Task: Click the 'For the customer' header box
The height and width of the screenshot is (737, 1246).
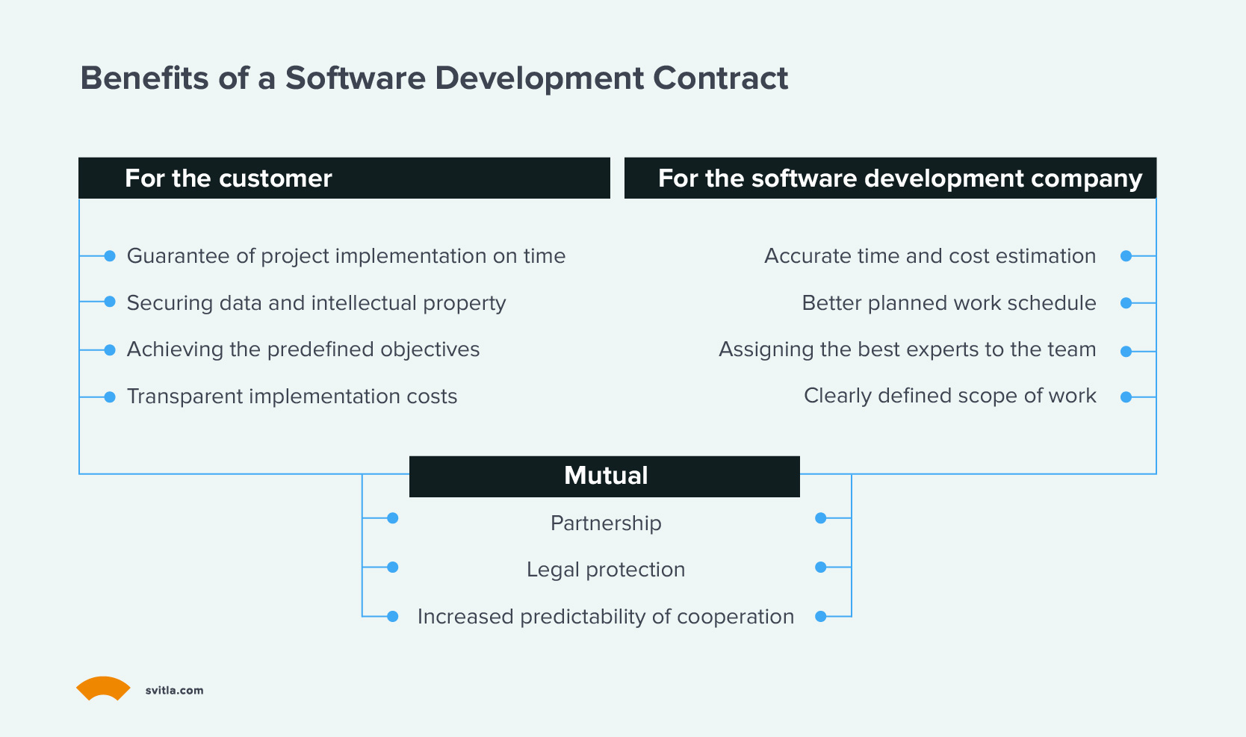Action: [344, 178]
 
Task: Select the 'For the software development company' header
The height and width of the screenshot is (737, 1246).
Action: [890, 178]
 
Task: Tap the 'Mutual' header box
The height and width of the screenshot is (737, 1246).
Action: [604, 476]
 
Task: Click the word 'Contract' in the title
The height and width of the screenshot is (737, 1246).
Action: [720, 78]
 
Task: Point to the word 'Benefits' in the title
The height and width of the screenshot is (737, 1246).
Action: [144, 78]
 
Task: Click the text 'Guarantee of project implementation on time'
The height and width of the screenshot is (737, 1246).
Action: [346, 256]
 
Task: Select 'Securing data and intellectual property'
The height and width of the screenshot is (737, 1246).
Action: [316, 303]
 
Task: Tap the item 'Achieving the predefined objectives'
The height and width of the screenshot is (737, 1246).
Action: [303, 349]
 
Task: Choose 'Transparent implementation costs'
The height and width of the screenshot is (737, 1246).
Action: [292, 397]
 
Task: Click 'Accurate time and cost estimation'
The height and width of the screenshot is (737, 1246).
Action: [930, 256]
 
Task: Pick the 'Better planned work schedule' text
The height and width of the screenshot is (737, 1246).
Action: [949, 303]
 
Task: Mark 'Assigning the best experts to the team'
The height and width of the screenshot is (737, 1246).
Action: [907, 349]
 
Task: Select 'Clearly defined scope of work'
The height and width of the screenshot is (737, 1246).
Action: [949, 396]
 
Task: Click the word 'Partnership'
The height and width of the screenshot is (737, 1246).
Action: [606, 523]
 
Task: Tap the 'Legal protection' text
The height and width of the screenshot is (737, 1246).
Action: [606, 570]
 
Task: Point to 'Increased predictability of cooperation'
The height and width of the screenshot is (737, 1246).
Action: [606, 617]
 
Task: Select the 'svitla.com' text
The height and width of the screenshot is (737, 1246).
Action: [174, 691]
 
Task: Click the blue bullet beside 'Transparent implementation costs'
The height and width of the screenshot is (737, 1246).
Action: [110, 397]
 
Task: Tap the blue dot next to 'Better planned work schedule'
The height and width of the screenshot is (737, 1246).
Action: [1126, 303]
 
